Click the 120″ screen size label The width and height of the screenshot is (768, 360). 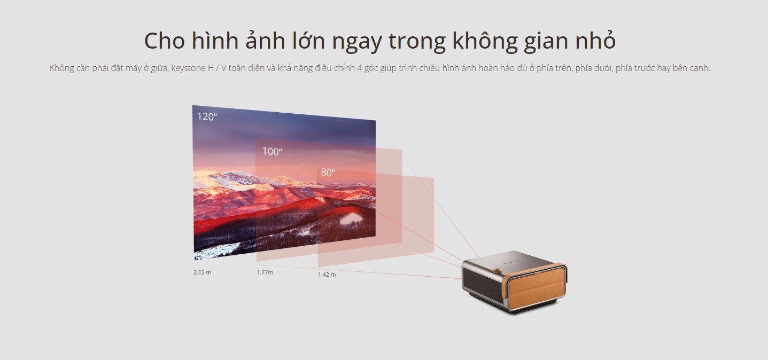coord(207,116)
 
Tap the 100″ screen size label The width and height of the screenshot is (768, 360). coord(272,152)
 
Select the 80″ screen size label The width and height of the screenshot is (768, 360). coord(328,173)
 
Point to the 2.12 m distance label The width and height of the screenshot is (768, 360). coord(202,272)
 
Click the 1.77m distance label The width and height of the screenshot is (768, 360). coord(265,272)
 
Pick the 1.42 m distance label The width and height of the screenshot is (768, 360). coord(327,275)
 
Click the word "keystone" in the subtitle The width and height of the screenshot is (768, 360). coord(189,68)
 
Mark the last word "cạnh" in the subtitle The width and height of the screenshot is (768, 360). coord(699,68)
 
